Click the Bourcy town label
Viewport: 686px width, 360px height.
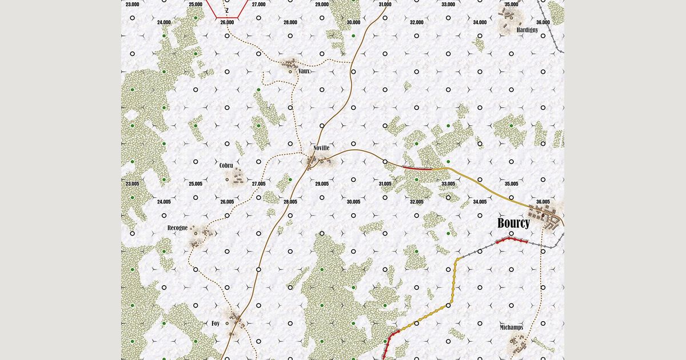(x=513, y=223)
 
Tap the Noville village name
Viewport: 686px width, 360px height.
(x=321, y=148)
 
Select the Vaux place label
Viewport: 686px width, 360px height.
(x=304, y=71)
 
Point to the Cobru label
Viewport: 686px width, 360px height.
(x=227, y=166)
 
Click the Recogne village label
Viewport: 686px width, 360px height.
(x=177, y=228)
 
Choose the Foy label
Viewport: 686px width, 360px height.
(x=216, y=323)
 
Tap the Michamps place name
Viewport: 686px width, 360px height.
(x=511, y=327)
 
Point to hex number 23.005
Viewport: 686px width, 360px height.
(x=132, y=183)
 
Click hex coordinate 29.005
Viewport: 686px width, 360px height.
(x=321, y=183)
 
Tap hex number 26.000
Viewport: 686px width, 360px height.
(x=227, y=22)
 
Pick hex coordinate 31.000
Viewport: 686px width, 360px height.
(x=385, y=4)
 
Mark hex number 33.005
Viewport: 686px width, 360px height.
(x=448, y=183)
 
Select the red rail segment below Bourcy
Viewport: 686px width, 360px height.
(x=511, y=241)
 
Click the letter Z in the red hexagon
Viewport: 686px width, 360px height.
(x=227, y=10)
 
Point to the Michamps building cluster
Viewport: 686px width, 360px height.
(x=519, y=345)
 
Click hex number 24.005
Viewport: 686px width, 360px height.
(x=163, y=202)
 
